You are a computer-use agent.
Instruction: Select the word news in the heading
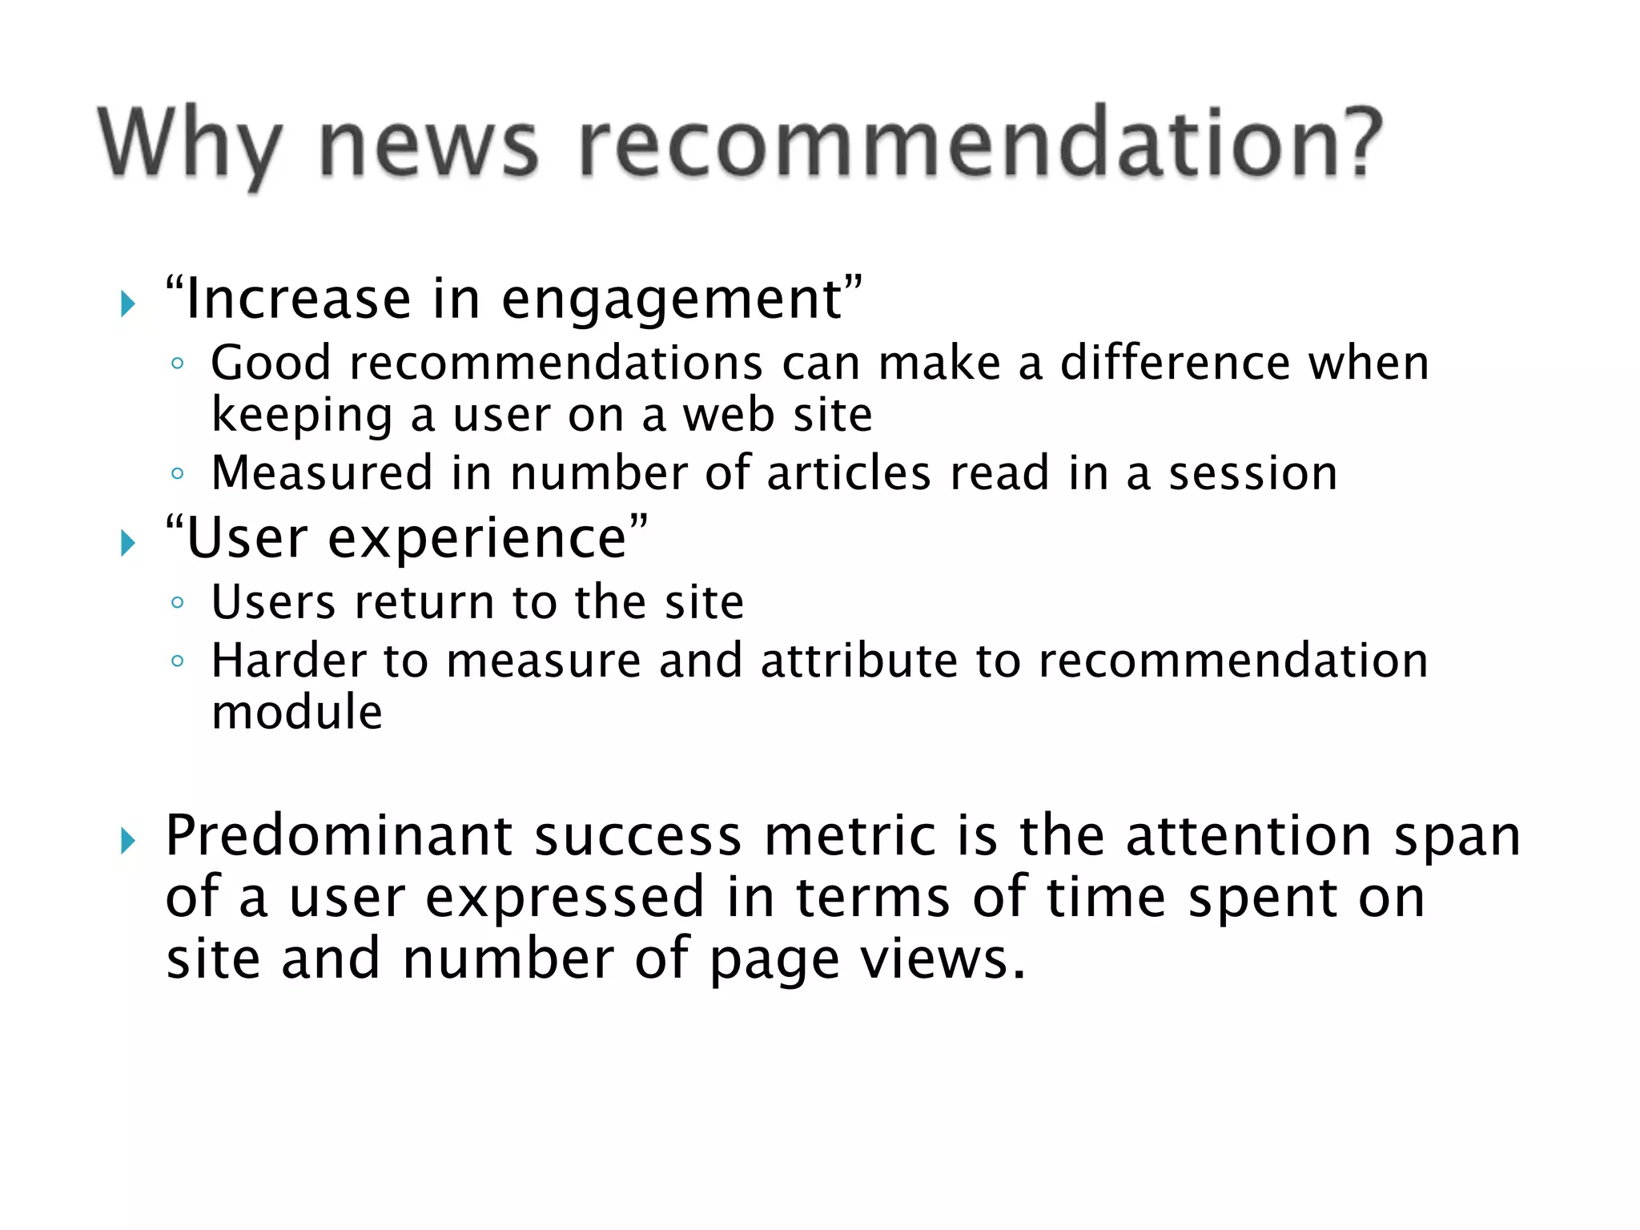(x=428, y=147)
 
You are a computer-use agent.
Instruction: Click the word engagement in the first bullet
(x=672, y=300)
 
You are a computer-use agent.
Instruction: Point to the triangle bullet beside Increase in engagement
(x=127, y=303)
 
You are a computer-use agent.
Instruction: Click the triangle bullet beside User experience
(x=127, y=544)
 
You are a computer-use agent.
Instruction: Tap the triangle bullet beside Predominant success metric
(x=127, y=841)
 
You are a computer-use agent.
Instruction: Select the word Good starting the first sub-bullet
(x=271, y=363)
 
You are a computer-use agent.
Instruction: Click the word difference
(x=1175, y=363)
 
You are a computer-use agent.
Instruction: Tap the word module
(x=296, y=712)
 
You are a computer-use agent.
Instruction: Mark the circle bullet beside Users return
(x=178, y=602)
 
